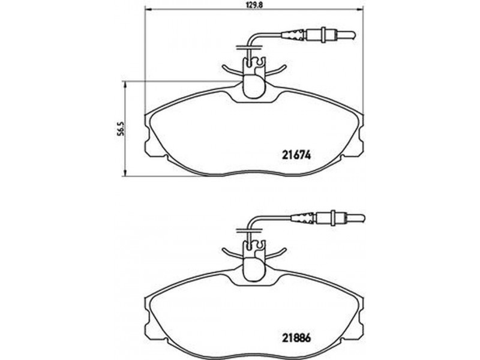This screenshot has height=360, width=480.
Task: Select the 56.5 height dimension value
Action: pos(121,129)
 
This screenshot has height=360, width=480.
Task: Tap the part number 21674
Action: pos(296,156)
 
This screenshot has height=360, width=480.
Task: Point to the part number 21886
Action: pos(296,338)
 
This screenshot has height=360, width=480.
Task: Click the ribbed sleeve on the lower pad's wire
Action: pos(302,218)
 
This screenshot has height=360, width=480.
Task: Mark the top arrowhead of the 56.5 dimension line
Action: pos(125,84)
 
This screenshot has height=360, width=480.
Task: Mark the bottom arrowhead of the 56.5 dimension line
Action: pos(125,173)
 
